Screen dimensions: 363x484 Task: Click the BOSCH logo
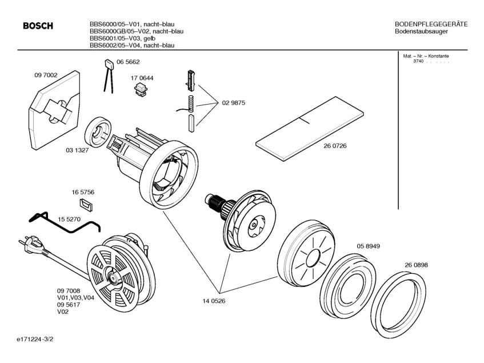(x=37, y=26)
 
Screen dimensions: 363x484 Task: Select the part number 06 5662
(x=128, y=62)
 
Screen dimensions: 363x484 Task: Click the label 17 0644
(x=142, y=78)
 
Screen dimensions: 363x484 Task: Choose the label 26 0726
(x=335, y=146)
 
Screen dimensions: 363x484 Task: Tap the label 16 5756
(x=83, y=192)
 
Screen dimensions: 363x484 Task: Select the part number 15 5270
(x=69, y=219)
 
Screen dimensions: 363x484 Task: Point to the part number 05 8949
(x=369, y=246)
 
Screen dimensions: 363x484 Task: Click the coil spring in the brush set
(x=192, y=104)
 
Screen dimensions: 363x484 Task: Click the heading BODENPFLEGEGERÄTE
(x=431, y=24)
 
